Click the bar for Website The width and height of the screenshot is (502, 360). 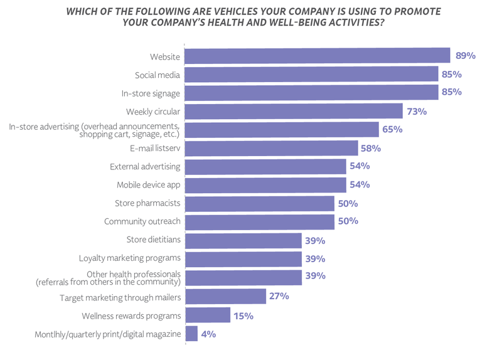[318, 56]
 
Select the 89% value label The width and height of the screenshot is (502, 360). [465, 56]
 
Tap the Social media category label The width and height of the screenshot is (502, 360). [158, 75]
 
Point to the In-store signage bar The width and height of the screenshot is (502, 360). [312, 93]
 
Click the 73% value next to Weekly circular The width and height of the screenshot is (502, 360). [417, 112]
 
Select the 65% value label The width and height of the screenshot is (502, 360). [392, 130]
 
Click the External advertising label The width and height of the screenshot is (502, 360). [145, 167]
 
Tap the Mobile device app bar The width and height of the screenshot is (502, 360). [266, 185]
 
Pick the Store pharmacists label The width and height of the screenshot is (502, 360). [147, 204]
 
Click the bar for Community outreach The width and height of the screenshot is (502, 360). [260, 222]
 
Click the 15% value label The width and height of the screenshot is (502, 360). [243, 315]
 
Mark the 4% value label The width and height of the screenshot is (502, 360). [209, 334]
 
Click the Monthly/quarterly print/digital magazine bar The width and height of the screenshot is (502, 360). [191, 334]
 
